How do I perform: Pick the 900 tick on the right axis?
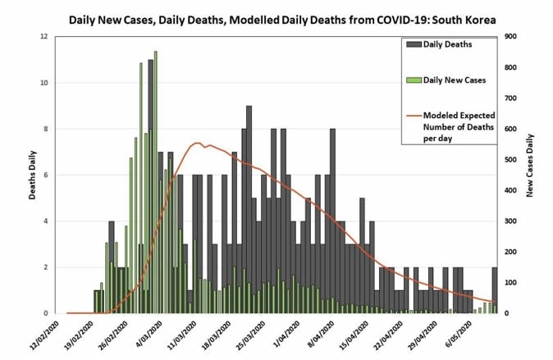pyautogui.click(x=510, y=36)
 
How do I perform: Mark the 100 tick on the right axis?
pyautogui.click(x=510, y=283)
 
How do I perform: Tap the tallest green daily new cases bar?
pyautogui.click(x=156, y=180)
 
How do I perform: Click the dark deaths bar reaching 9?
pyautogui.click(x=249, y=209)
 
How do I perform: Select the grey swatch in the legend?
pyautogui.click(x=413, y=44)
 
